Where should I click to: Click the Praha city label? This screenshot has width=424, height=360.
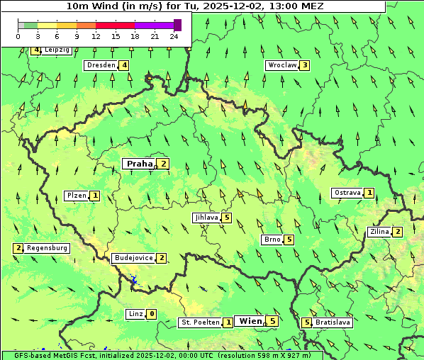click(x=139, y=164)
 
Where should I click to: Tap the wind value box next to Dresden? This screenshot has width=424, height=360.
click(x=124, y=65)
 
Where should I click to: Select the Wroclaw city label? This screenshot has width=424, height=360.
click(x=281, y=65)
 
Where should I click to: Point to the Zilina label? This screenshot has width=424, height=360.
click(x=379, y=232)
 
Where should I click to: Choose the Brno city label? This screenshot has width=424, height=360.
click(x=272, y=240)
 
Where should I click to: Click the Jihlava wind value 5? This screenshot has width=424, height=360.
click(x=227, y=218)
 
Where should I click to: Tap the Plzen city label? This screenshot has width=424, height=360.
click(x=76, y=195)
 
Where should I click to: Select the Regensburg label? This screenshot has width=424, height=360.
click(x=47, y=248)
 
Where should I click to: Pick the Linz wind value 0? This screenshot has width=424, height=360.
click(x=151, y=314)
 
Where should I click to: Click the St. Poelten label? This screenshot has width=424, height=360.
click(x=199, y=322)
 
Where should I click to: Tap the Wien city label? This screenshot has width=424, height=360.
click(x=250, y=321)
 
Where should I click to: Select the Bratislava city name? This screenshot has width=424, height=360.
click(x=333, y=322)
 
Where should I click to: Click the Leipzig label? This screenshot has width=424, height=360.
click(x=57, y=50)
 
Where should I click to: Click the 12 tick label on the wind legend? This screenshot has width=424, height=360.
click(x=96, y=35)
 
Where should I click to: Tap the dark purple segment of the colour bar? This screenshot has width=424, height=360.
click(x=177, y=25)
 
